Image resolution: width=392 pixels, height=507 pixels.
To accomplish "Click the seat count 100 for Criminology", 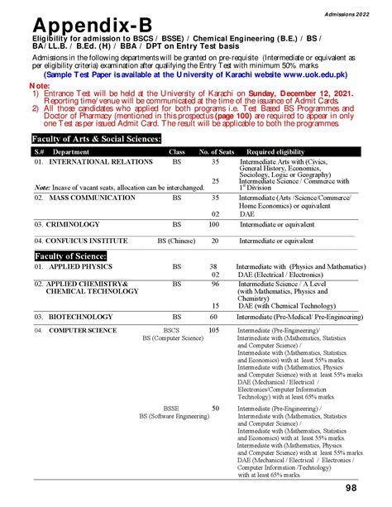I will [x=214, y=224].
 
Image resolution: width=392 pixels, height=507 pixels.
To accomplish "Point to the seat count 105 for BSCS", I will [x=214, y=330].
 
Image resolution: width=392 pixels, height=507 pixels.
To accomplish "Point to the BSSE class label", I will [x=171, y=409].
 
